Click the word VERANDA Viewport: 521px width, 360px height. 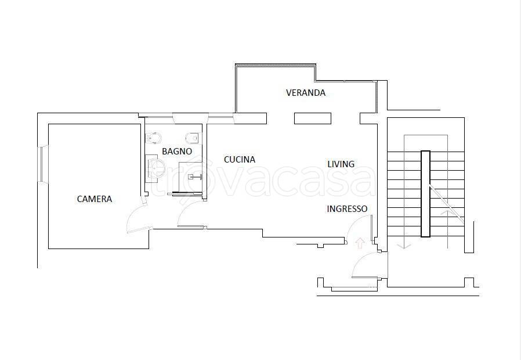[306, 93]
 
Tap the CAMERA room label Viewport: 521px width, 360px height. [95, 199]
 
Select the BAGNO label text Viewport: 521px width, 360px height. [177, 152]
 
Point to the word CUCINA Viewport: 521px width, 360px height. [240, 160]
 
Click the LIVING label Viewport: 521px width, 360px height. [341, 164]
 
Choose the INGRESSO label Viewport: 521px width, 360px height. [347, 209]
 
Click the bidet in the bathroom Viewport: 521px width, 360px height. [154, 137]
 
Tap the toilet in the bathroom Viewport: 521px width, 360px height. [193, 138]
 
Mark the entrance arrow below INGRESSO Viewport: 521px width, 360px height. [360, 243]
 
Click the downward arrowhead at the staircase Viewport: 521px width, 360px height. [404, 246]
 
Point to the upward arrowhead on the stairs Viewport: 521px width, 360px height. [447, 212]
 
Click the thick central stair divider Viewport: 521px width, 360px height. [425, 194]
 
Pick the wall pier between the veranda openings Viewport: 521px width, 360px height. [313, 118]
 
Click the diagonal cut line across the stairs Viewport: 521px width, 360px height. [446, 203]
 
